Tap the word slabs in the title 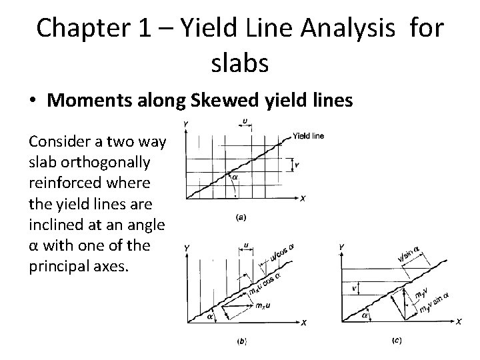point(240,63)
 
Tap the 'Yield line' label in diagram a point(308,137)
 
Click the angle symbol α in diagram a point(235,177)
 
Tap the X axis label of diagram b point(303,323)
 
